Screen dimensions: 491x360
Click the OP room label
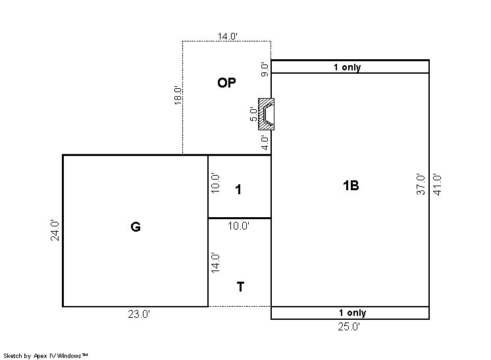pyautogui.click(x=226, y=83)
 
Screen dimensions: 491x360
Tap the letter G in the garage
pyautogui.click(x=136, y=226)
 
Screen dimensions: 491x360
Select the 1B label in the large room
pyautogui.click(x=351, y=186)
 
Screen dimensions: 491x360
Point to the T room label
pyautogui.click(x=240, y=287)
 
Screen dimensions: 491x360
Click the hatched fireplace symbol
pyautogui.click(x=266, y=114)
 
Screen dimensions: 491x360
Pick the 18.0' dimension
pyautogui.click(x=178, y=95)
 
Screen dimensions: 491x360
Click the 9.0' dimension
pyautogui.click(x=265, y=70)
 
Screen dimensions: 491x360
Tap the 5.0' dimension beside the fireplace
pyautogui.click(x=253, y=115)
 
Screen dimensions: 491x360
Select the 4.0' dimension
pyautogui.click(x=265, y=143)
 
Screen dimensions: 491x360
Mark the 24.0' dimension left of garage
pyautogui.click(x=55, y=230)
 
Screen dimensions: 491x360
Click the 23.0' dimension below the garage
pyautogui.click(x=139, y=314)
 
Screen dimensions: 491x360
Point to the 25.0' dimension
pyautogui.click(x=349, y=327)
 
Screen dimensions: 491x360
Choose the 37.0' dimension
pyautogui.click(x=421, y=184)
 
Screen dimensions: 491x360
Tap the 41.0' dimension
pyautogui.click(x=437, y=184)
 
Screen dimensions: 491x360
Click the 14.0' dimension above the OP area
pyautogui.click(x=228, y=36)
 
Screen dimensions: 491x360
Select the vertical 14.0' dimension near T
pyautogui.click(x=215, y=263)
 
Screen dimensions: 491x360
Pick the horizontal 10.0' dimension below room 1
pyautogui.click(x=239, y=226)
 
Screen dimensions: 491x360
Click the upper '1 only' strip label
pyautogui.click(x=348, y=67)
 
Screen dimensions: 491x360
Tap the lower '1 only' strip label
pyautogui.click(x=353, y=313)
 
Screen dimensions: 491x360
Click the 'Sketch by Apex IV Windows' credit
pyautogui.click(x=45, y=356)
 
